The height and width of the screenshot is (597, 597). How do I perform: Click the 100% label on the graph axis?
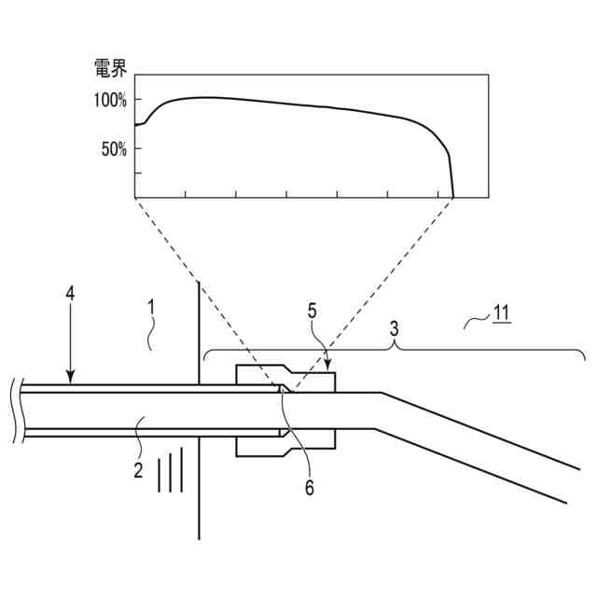(x=110, y=100)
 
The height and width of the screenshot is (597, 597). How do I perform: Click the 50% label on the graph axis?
(x=115, y=148)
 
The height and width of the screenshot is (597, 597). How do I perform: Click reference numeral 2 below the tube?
(x=137, y=470)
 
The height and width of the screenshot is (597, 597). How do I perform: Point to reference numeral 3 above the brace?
(x=396, y=328)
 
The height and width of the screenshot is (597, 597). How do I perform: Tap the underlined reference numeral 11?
(x=502, y=314)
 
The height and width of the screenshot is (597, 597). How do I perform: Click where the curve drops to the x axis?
(x=453, y=197)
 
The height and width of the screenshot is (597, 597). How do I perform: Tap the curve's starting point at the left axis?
(x=135, y=125)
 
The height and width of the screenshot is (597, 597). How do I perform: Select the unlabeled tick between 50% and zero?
(x=135, y=173)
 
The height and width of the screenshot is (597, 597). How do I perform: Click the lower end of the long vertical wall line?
(x=200, y=538)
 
